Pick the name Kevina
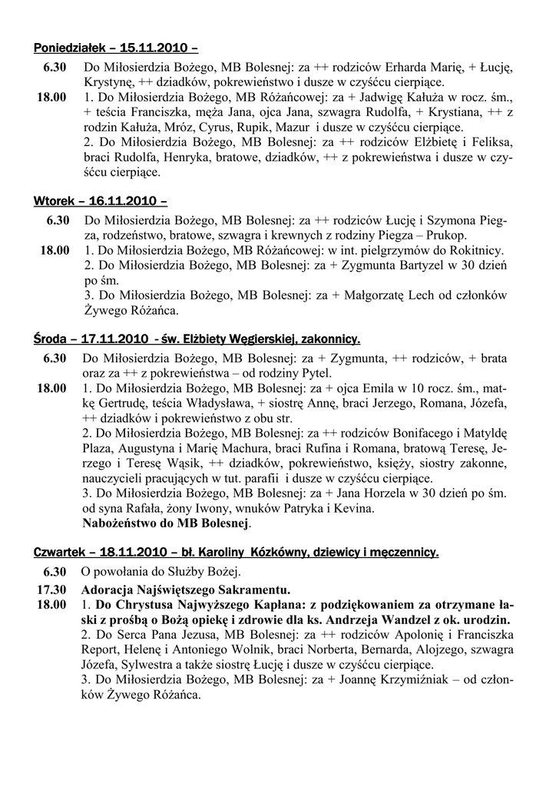click(x=355, y=508)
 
